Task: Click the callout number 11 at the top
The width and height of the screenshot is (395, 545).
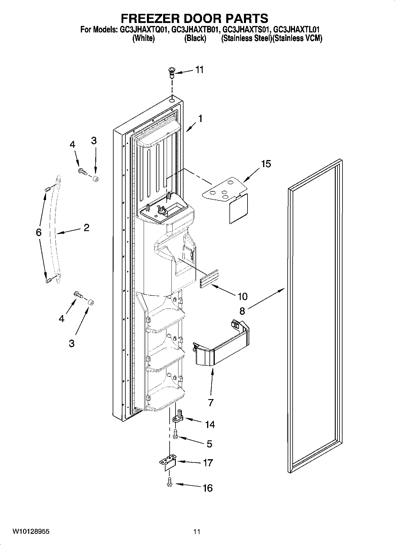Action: coord(199,70)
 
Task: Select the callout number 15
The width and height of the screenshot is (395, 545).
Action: coord(266,164)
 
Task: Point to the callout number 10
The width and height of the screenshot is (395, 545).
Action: coord(242,296)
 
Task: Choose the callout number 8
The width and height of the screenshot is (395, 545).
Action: coord(242,311)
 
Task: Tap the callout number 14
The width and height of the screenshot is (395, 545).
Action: coord(210,424)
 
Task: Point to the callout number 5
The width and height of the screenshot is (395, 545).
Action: coord(209,444)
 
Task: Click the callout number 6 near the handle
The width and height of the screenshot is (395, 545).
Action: coord(39,233)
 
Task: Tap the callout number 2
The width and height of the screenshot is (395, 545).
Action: coord(86,228)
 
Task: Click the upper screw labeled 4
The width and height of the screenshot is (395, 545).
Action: coord(82,171)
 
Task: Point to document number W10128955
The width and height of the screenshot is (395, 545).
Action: coord(31,532)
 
